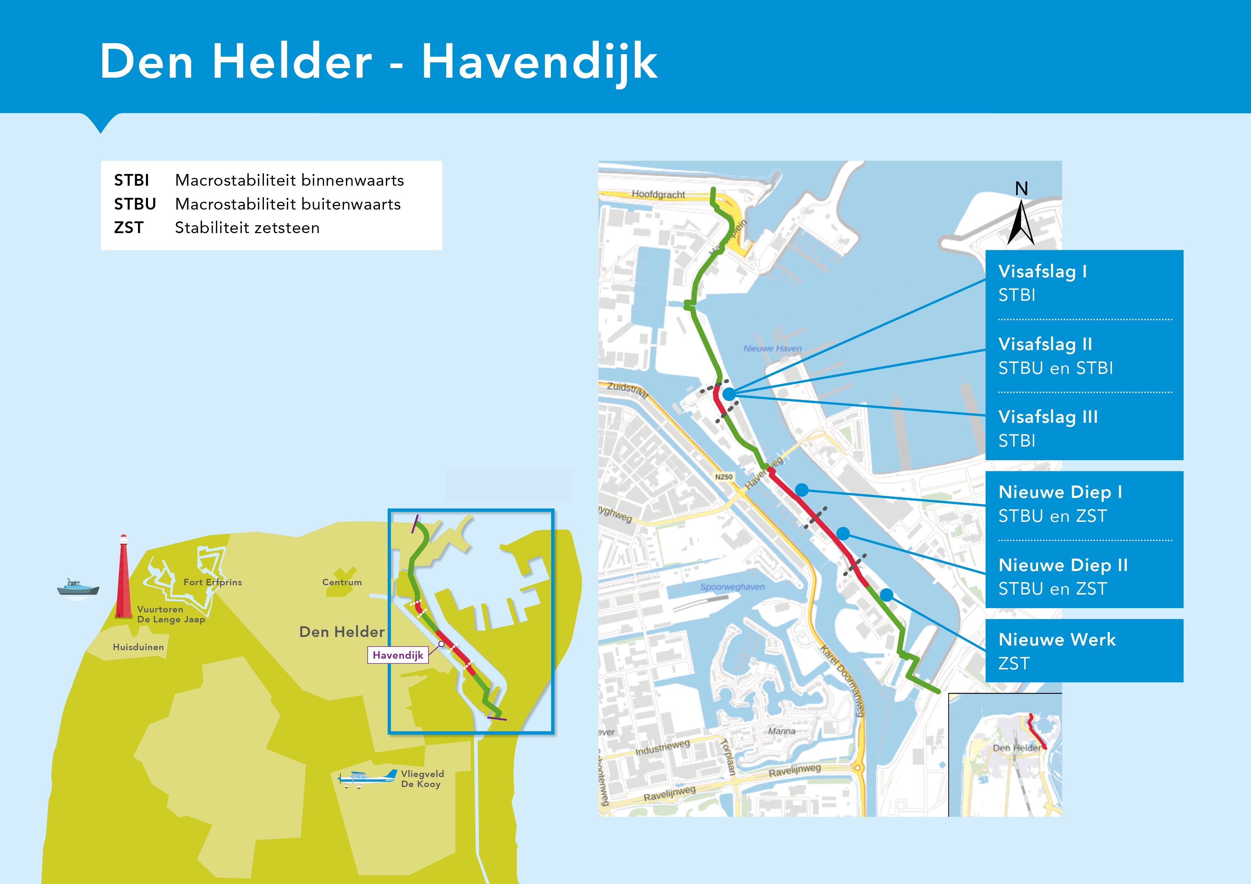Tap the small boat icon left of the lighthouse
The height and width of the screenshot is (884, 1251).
click(x=78, y=588)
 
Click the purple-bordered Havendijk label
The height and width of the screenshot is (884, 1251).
click(x=398, y=655)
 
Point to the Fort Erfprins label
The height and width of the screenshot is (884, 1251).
click(x=213, y=582)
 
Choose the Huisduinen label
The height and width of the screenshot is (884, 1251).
click(x=138, y=647)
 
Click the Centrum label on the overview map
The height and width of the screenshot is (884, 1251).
click(x=342, y=582)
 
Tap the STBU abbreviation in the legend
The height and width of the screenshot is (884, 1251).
click(x=134, y=204)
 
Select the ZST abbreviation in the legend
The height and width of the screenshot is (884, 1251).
click(x=129, y=228)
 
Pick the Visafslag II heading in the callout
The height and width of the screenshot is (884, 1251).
click(x=1045, y=344)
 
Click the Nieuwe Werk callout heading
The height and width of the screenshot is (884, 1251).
click(x=1057, y=639)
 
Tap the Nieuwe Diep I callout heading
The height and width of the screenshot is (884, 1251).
click(x=1060, y=492)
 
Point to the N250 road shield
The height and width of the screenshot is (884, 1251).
click(x=724, y=477)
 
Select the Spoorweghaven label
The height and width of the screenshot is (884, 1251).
click(x=732, y=587)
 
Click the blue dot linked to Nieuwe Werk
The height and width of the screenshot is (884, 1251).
click(x=887, y=595)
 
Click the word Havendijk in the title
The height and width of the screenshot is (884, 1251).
click(x=540, y=62)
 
